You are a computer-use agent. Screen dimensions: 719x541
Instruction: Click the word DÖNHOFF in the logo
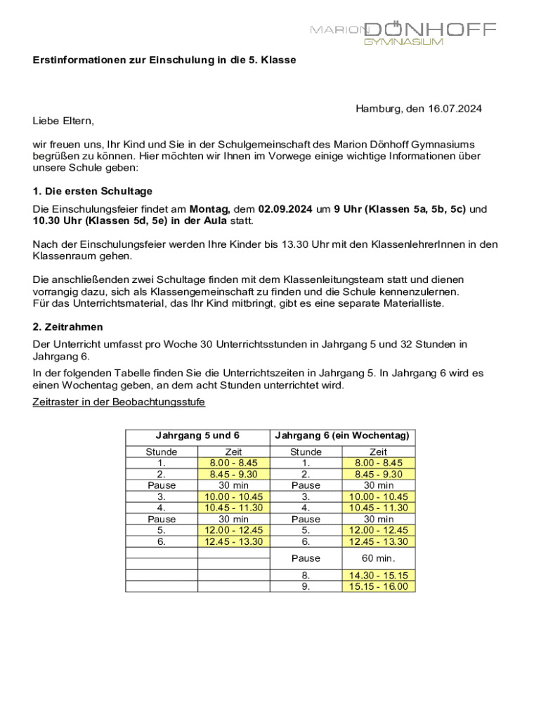(x=431, y=29)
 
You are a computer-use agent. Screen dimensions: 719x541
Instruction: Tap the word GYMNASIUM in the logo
(x=403, y=42)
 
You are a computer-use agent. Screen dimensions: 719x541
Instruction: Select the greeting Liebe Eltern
(x=63, y=121)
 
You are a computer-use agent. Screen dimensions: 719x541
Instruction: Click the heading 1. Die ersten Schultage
(x=93, y=191)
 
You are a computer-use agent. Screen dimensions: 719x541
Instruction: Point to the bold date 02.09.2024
(x=285, y=209)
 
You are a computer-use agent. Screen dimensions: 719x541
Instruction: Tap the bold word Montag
(x=210, y=209)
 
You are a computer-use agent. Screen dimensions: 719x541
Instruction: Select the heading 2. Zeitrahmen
(x=68, y=326)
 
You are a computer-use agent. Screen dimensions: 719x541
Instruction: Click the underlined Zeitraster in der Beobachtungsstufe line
(x=119, y=402)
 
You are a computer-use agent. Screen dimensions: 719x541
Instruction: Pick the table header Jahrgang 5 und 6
(x=197, y=436)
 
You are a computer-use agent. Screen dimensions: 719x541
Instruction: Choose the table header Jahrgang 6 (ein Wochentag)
(x=342, y=436)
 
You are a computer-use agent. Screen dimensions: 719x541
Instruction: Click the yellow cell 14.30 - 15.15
(x=378, y=576)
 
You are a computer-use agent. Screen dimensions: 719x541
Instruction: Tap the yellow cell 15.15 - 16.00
(x=378, y=586)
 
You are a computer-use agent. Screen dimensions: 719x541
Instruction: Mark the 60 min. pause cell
(x=378, y=558)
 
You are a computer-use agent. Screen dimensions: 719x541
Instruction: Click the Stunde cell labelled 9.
(x=306, y=586)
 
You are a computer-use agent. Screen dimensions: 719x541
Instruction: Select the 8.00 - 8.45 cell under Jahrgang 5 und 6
(x=233, y=463)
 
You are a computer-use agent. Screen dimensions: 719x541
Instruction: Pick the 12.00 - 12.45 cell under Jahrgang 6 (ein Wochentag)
(x=378, y=530)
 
